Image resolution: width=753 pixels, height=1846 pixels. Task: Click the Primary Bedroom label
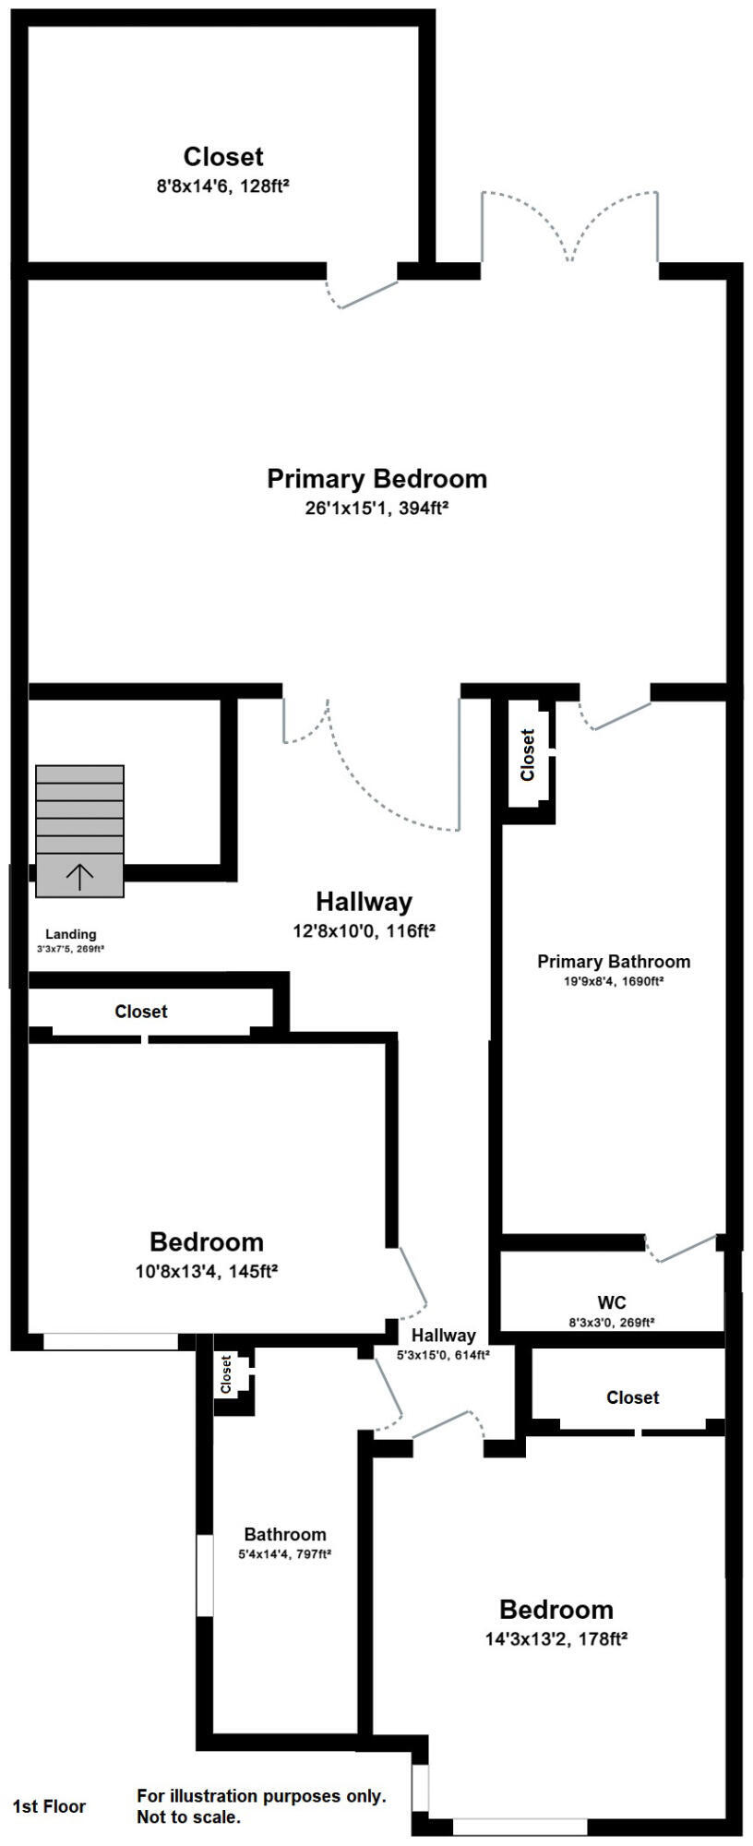pos(376,479)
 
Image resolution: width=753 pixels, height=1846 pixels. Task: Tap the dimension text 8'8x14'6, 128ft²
pos(223,186)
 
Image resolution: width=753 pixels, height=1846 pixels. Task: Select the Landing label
pos(71,934)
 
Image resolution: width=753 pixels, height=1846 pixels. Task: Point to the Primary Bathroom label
pos(614,962)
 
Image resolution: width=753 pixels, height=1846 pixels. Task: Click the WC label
pos(612,1303)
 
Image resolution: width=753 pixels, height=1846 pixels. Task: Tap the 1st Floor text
pos(49,1806)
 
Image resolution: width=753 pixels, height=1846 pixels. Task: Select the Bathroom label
pos(285,1535)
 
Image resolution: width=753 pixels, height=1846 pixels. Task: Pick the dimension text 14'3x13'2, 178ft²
pos(556,1639)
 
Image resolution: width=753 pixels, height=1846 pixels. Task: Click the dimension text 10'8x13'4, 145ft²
pos(207,1271)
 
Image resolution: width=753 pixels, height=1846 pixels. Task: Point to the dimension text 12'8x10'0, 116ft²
pos(364,931)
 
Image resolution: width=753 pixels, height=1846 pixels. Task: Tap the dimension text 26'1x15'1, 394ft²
pos(376,509)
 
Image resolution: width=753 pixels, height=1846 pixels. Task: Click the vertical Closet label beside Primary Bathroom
pos(528,755)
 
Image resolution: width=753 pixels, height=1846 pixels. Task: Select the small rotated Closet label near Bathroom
pos(226,1375)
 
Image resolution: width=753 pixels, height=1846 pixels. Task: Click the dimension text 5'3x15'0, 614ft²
pos(443,1355)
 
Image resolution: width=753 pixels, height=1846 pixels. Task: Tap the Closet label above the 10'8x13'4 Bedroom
pos(141,1012)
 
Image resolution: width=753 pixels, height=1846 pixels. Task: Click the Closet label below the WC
pos(633,1397)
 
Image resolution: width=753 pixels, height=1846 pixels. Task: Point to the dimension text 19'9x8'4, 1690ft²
pos(614,982)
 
